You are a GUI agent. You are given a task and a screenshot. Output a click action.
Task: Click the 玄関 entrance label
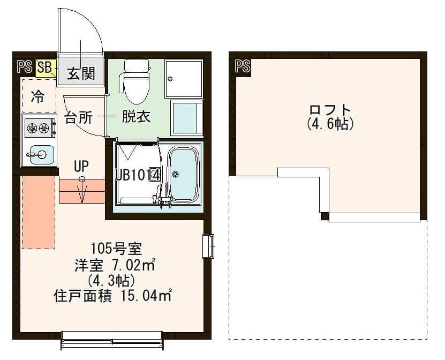pyautogui.click(x=80, y=72)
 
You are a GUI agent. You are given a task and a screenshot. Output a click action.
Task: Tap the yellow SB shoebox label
pyautogui.click(x=45, y=67)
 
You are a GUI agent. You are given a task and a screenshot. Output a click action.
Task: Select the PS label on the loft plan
pyautogui.click(x=243, y=66)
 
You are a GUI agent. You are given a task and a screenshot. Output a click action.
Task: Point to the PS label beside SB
pyautogui.click(x=24, y=67)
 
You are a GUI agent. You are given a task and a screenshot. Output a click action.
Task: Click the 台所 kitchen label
pyautogui.click(x=79, y=117)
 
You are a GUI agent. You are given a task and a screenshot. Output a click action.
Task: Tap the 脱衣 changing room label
pyautogui.click(x=135, y=116)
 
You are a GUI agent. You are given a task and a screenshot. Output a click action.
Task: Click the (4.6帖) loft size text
pyautogui.click(x=330, y=124)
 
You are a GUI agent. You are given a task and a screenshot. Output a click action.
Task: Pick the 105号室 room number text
pyautogui.click(x=115, y=248)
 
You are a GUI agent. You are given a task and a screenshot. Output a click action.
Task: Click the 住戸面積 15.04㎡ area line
pyautogui.click(x=113, y=295)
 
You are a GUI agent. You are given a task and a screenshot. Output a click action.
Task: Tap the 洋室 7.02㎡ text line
pyautogui.click(x=115, y=264)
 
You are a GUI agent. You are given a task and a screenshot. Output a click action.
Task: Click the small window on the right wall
pyautogui.click(x=208, y=246)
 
